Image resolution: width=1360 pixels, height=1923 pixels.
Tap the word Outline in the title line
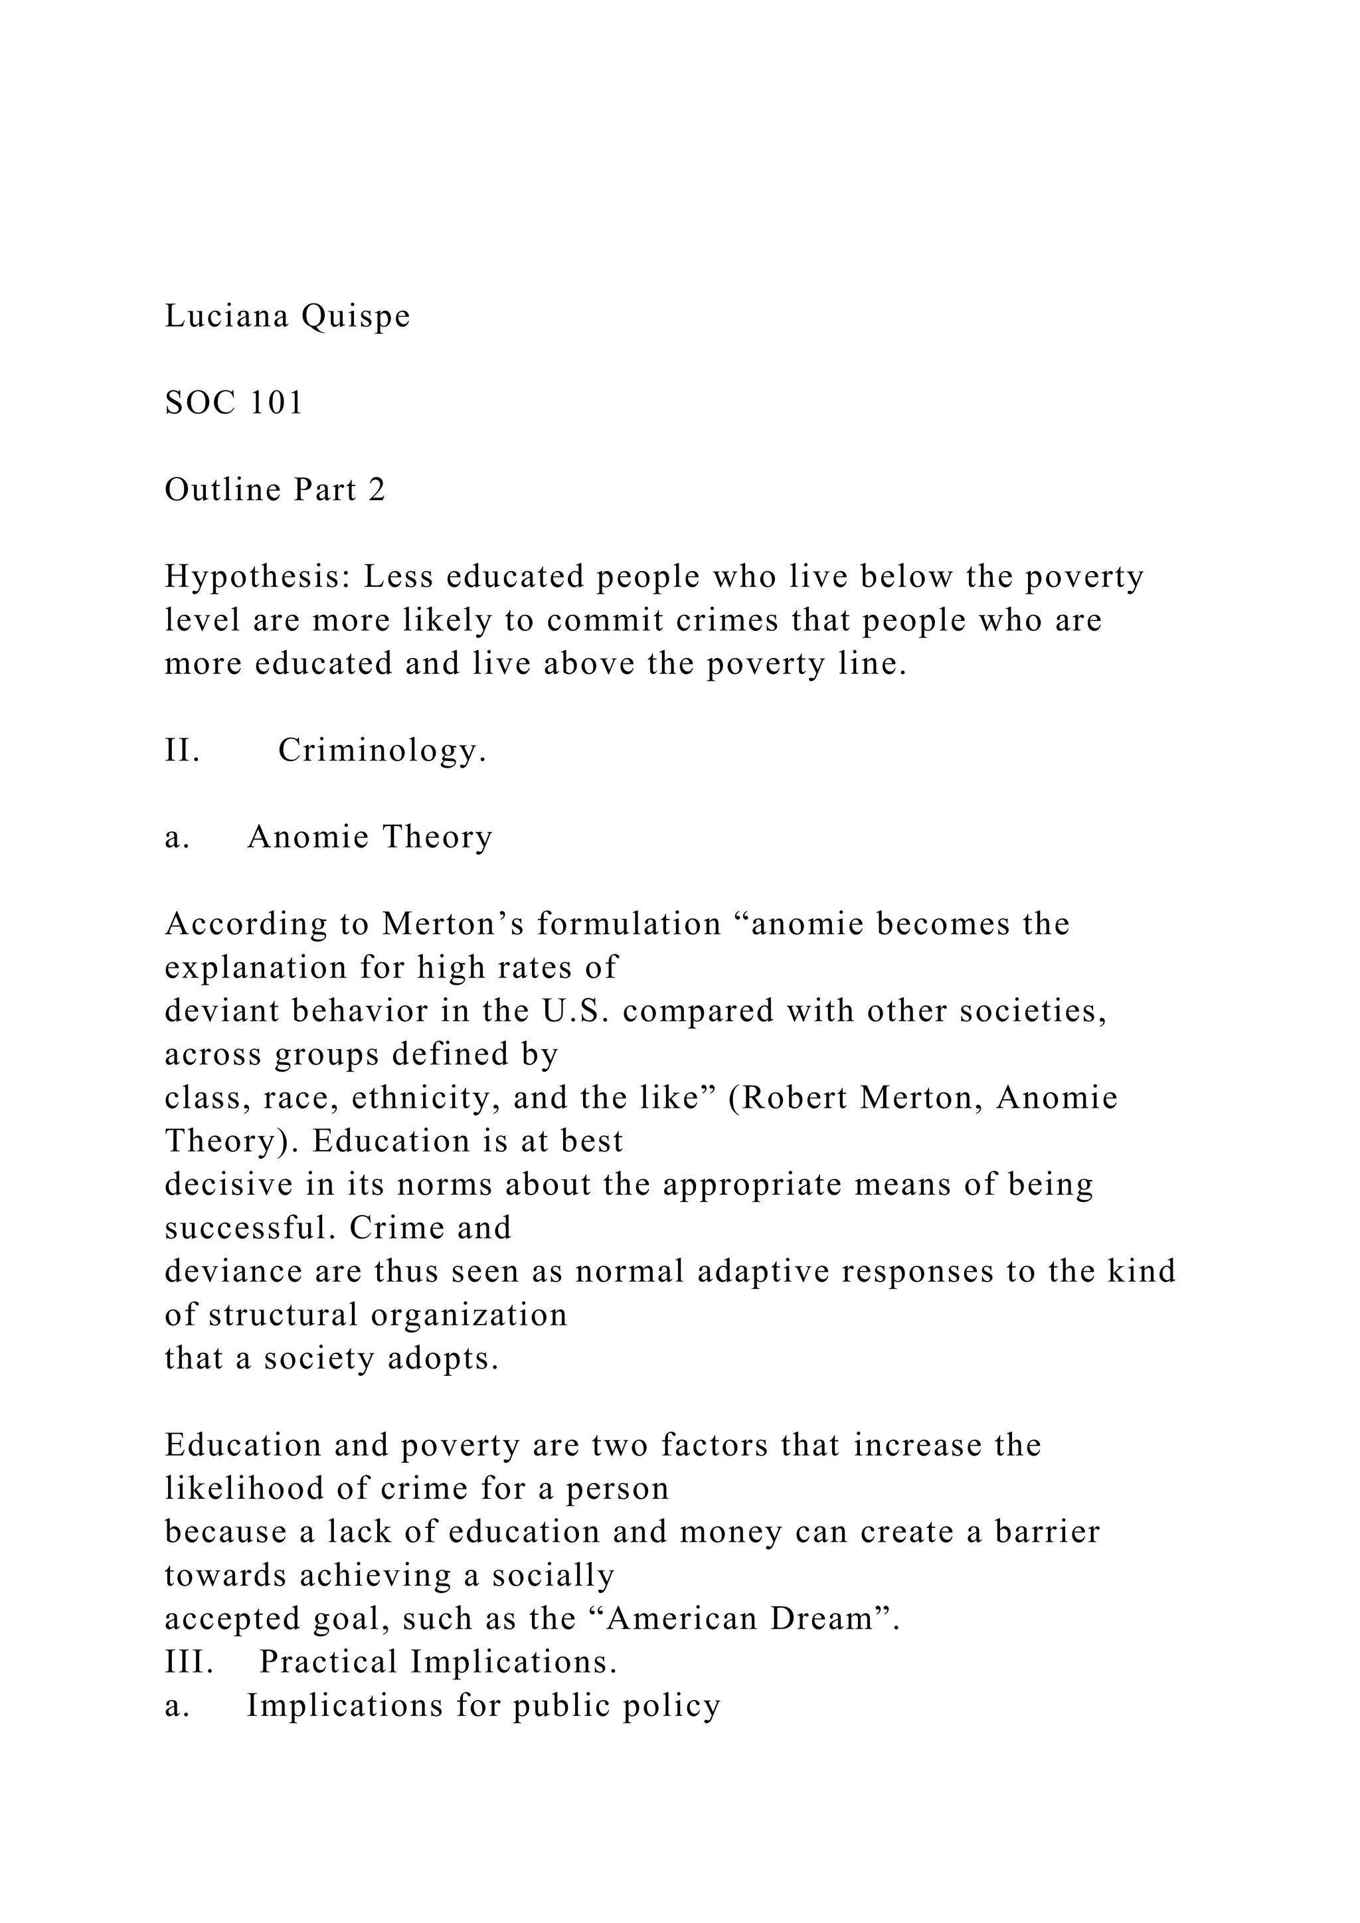[x=222, y=490]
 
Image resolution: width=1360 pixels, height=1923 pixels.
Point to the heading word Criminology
[x=382, y=750]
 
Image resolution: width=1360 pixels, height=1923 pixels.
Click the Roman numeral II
[x=182, y=750]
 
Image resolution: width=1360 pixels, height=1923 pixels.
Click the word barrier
[x=1047, y=1532]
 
